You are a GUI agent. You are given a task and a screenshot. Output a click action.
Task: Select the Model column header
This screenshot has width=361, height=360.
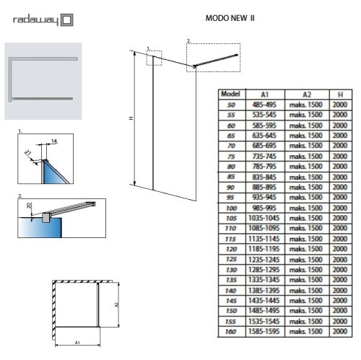(x=232, y=94)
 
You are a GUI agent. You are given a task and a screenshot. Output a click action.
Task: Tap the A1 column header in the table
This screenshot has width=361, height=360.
(x=264, y=94)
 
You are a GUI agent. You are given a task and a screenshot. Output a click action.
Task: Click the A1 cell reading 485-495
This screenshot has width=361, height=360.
(x=264, y=105)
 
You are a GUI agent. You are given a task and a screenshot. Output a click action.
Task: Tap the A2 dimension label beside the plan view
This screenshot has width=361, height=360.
(x=117, y=307)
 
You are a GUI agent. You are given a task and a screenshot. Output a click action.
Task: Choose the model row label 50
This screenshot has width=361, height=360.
(x=232, y=105)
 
